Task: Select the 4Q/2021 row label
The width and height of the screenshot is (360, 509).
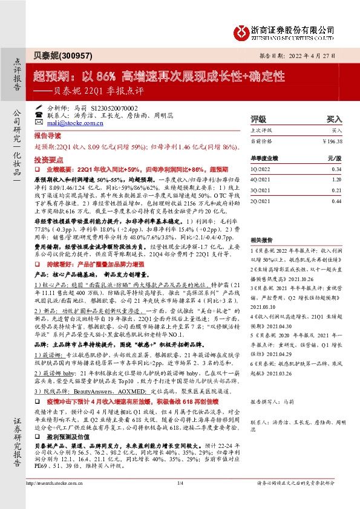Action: (260, 179)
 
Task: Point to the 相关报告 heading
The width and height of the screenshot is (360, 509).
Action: (261, 222)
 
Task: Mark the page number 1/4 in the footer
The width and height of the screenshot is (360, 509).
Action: (180, 482)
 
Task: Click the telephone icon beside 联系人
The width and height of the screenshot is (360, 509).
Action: (39, 114)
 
